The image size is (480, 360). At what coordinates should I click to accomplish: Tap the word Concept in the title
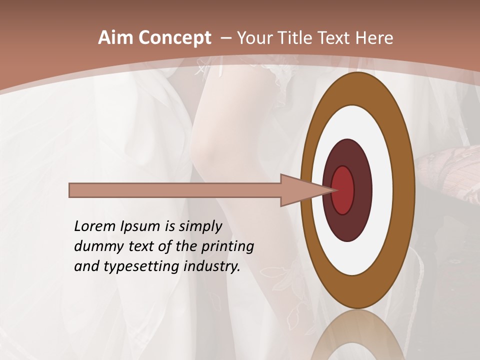click(x=175, y=38)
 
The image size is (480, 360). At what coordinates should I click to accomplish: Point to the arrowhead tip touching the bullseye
click(x=334, y=190)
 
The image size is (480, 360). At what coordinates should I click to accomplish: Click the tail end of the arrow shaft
click(x=71, y=190)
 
